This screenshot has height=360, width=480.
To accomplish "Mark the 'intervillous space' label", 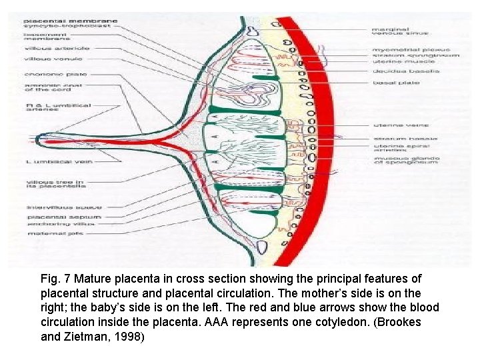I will pos(54,207).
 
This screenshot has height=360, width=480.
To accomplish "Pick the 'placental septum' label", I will pos(55,217).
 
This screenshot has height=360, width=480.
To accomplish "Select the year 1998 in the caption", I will pos(130,337).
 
